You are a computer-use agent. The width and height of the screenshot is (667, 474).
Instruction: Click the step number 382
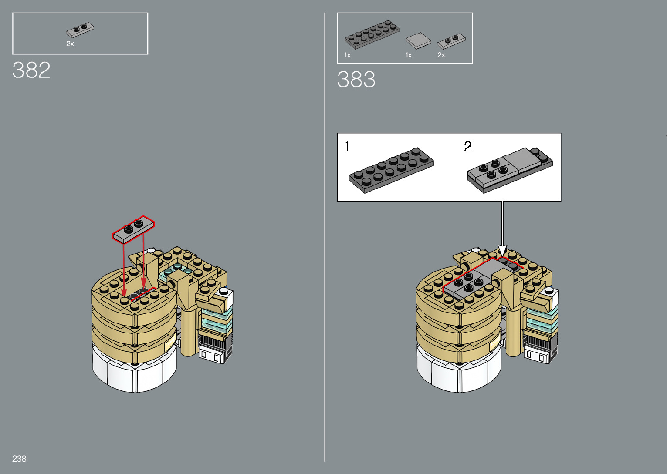click(x=31, y=70)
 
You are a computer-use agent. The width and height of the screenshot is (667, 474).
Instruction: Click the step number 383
click(x=356, y=80)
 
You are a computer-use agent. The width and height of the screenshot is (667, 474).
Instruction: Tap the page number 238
click(x=19, y=459)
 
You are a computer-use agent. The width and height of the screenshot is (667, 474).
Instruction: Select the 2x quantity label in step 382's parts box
click(x=70, y=44)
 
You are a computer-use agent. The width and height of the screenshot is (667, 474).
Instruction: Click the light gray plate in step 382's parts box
click(x=80, y=30)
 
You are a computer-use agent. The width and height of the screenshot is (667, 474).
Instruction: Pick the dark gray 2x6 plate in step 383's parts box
click(x=372, y=34)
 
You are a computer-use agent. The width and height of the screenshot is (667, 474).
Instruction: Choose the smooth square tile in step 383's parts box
click(x=418, y=41)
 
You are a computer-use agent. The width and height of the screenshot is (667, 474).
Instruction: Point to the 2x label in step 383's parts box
click(x=441, y=55)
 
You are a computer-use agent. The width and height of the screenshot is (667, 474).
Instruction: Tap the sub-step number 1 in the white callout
click(x=347, y=147)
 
